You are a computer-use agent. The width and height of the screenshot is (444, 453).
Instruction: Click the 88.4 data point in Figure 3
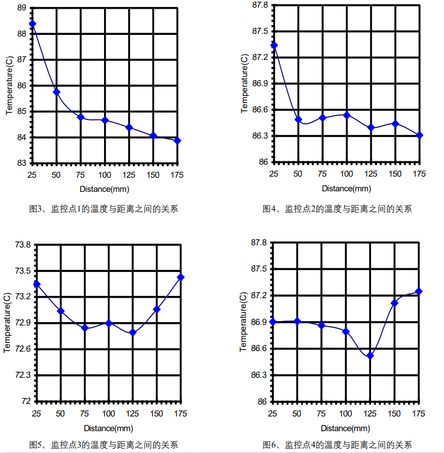[x=32, y=24]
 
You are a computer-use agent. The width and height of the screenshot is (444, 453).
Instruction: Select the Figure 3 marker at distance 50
[x=56, y=92]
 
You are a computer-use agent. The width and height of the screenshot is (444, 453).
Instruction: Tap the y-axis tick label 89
[x=22, y=8]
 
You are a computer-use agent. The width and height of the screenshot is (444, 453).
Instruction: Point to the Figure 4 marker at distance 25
[x=274, y=45]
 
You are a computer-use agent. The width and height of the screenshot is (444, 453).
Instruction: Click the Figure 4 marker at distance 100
[x=346, y=115]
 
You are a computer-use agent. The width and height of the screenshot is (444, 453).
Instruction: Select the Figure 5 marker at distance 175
[x=181, y=277]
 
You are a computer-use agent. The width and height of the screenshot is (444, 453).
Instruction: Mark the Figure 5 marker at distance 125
[x=132, y=332]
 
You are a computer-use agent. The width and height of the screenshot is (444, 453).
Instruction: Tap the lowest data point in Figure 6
[x=370, y=355]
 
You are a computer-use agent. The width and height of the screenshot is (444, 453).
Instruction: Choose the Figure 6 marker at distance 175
[x=419, y=291]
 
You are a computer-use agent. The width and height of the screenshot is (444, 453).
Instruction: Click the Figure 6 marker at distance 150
[x=394, y=303]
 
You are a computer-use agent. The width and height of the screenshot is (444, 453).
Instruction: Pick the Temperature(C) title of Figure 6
[x=244, y=322]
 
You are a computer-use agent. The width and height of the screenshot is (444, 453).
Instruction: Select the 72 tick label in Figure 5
[x=26, y=402]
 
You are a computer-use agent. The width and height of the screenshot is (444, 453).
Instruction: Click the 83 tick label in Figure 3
[x=22, y=163]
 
